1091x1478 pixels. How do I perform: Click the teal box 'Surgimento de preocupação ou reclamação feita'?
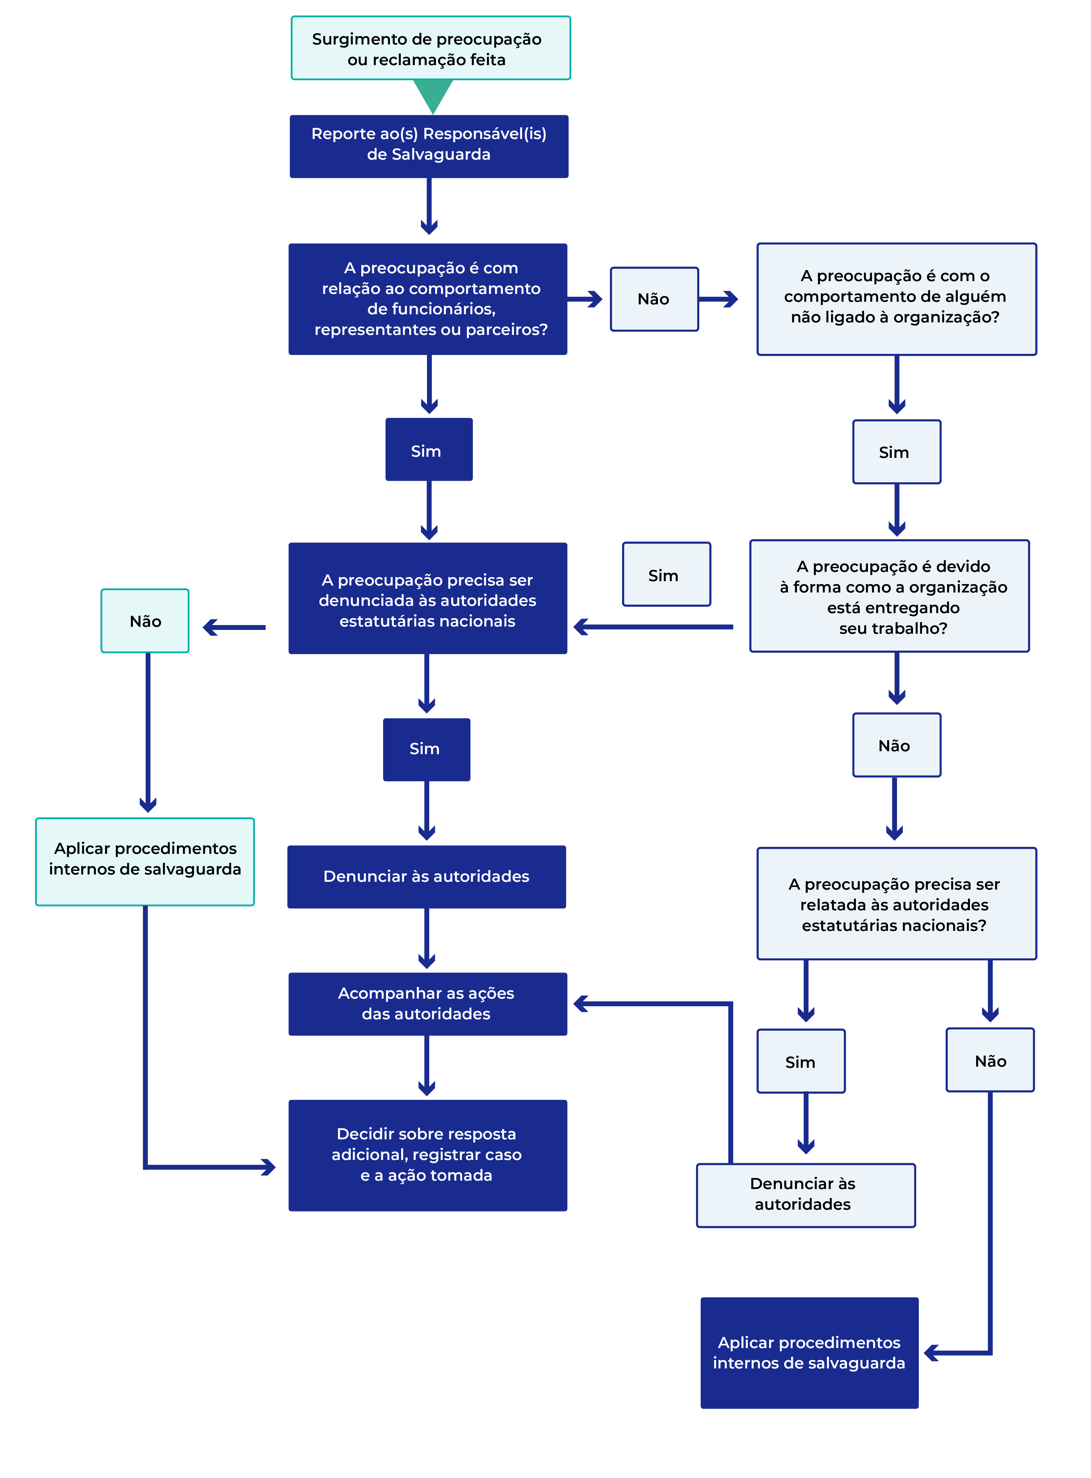point(430,48)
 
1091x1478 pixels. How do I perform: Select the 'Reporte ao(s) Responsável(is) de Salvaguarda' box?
point(429,146)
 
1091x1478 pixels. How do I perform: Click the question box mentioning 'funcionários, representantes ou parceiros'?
point(428,299)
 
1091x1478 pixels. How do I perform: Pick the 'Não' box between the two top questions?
point(654,299)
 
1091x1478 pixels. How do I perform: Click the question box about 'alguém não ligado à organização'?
point(896,299)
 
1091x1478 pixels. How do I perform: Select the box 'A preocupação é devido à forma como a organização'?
point(889,596)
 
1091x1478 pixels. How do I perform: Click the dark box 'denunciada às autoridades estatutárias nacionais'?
point(428,598)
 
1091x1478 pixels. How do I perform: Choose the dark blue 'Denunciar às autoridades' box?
point(427,877)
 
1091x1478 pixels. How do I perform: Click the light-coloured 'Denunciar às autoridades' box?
point(806,1195)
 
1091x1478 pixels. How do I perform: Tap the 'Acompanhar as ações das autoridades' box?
point(428,1003)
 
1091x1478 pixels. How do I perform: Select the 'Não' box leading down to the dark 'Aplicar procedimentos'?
point(990,1060)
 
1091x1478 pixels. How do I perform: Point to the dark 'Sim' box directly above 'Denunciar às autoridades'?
point(427,749)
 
